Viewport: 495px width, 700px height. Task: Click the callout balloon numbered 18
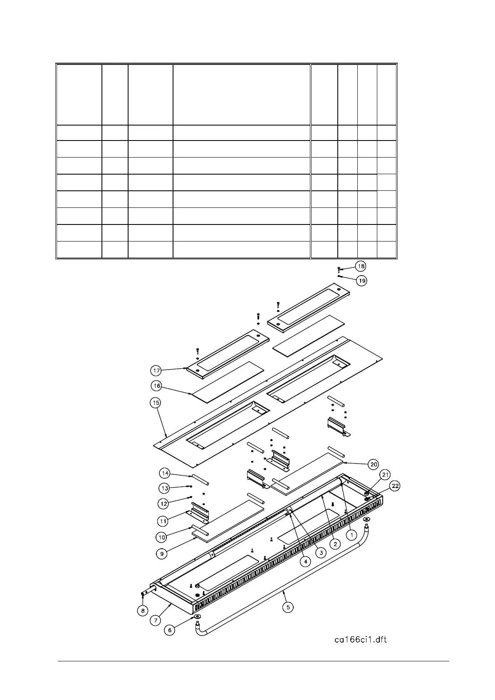[360, 266]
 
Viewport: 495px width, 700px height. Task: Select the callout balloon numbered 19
[362, 281]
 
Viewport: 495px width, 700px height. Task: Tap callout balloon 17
[156, 370]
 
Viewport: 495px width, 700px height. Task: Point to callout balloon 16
[156, 386]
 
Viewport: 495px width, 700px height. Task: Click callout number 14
[165, 473]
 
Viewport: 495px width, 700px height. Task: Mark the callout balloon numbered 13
[165, 488]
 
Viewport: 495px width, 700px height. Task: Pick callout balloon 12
[164, 504]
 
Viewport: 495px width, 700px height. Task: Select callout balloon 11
[163, 521]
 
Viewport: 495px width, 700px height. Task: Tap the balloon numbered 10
[161, 537]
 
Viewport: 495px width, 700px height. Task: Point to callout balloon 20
[373, 464]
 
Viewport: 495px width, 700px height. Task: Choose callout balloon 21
[386, 475]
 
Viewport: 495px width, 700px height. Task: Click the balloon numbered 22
[395, 486]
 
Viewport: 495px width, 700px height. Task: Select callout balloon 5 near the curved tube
[287, 607]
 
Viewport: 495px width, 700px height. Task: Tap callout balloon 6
[169, 630]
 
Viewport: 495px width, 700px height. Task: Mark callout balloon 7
[155, 621]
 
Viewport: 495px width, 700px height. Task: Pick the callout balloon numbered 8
[143, 611]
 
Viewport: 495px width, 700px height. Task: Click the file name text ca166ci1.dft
[360, 639]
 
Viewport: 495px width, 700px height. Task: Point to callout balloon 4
[305, 562]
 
